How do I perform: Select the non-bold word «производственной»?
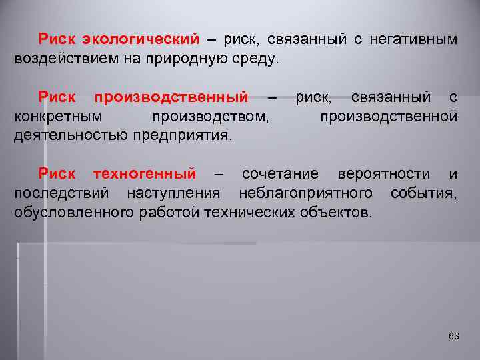388,117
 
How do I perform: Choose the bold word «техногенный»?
145,175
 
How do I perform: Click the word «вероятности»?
384,175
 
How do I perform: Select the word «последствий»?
61,193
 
